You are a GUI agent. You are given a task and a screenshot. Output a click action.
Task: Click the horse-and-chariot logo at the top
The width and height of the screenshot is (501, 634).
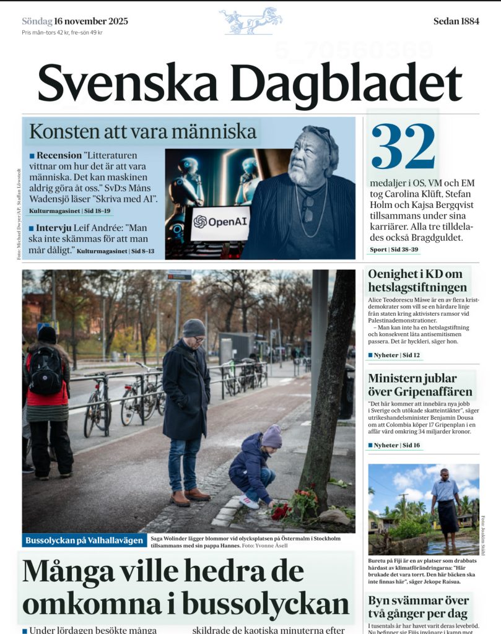tap(251, 20)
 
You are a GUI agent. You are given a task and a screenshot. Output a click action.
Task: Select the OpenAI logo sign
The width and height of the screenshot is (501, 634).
tap(219, 221)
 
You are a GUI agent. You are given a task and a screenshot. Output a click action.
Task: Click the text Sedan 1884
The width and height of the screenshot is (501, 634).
tap(456, 21)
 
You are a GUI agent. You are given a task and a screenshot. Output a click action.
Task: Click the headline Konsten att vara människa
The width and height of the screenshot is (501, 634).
tap(143, 132)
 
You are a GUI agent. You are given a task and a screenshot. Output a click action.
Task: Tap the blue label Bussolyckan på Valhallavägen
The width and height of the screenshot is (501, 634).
tap(84, 541)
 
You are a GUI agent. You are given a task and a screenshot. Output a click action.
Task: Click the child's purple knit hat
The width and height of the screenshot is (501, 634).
tap(271, 436)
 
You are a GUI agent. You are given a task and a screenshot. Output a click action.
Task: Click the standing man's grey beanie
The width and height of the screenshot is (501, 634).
tap(194, 328)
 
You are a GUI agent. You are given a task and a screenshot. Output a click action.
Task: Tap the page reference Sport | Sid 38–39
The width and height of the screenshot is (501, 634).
tap(394, 250)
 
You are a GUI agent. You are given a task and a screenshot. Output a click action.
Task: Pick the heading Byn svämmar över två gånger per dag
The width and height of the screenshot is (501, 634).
tap(418, 607)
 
